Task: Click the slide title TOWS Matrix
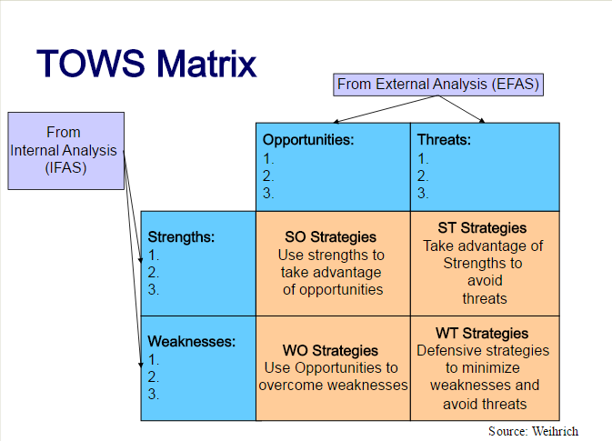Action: [x=146, y=63]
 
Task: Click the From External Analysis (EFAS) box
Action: [x=438, y=85]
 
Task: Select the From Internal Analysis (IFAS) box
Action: [x=66, y=151]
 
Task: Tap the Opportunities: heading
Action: [x=308, y=140]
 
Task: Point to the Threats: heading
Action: [x=444, y=140]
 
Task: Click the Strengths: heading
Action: [x=181, y=237]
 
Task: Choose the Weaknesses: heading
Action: [x=192, y=342]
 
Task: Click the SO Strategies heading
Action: [x=330, y=237]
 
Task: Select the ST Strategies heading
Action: [x=482, y=228]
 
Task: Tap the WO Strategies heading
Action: [x=330, y=350]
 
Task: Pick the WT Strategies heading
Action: [x=482, y=334]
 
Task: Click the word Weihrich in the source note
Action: [x=555, y=431]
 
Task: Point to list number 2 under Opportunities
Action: [x=268, y=176]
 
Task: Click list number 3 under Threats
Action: [x=423, y=193]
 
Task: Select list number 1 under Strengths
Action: [x=154, y=256]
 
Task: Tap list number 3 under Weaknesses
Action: [x=154, y=394]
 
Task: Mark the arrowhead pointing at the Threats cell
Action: [x=482, y=121]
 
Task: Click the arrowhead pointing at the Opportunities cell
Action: [x=336, y=121]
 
